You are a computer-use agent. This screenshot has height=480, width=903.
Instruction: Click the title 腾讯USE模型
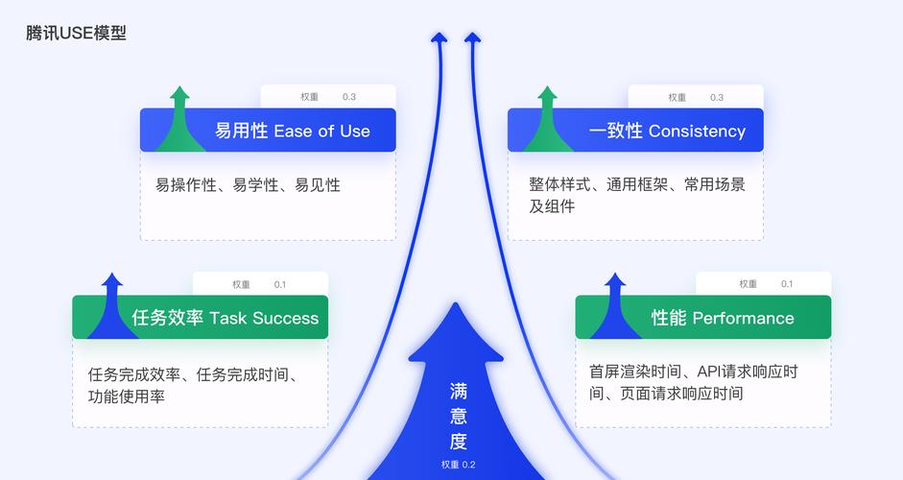[76, 34]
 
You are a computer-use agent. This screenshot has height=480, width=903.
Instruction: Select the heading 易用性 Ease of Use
[292, 131]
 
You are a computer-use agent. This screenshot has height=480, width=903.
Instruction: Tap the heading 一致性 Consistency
[666, 131]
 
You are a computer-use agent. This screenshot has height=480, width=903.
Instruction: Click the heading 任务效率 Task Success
[226, 318]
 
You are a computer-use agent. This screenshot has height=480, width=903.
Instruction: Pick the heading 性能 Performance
[723, 318]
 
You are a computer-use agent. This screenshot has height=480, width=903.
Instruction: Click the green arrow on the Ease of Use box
[179, 120]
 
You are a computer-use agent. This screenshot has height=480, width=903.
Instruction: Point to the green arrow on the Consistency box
[547, 120]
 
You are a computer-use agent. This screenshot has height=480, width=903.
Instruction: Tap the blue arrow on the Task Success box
[112, 307]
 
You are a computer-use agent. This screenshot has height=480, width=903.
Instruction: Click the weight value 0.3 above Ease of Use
[349, 97]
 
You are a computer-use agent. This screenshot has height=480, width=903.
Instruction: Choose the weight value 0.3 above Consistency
[717, 97]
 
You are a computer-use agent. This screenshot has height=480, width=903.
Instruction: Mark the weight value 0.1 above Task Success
[280, 284]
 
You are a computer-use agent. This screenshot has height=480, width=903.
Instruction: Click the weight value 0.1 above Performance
[787, 284]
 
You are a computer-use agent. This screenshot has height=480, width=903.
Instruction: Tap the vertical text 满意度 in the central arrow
[459, 417]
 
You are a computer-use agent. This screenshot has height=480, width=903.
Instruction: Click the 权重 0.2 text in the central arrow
[459, 465]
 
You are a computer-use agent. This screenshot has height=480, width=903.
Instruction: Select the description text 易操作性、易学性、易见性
[248, 185]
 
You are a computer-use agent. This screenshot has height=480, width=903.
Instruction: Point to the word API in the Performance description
[710, 372]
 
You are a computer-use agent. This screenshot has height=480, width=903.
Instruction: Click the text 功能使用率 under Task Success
[126, 396]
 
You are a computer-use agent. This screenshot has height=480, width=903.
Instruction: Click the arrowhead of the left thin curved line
[439, 38]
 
